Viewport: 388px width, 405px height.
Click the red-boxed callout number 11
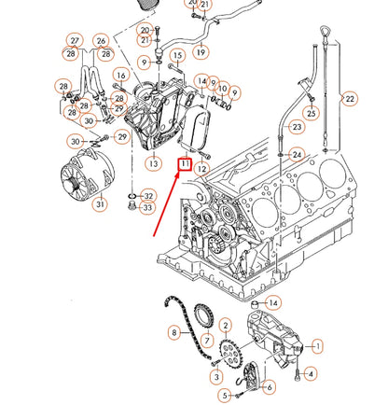(x=185, y=165)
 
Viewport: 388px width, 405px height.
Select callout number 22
(x=349, y=98)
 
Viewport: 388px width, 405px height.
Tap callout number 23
(x=296, y=127)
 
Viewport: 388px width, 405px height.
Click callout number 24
(x=297, y=154)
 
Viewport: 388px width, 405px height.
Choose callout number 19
(x=201, y=52)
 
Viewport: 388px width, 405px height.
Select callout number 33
(x=147, y=207)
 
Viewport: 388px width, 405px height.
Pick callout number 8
(x=173, y=332)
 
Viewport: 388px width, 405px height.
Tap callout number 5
(x=224, y=395)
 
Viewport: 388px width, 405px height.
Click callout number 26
(x=102, y=41)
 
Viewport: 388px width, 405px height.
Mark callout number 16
(x=120, y=75)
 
